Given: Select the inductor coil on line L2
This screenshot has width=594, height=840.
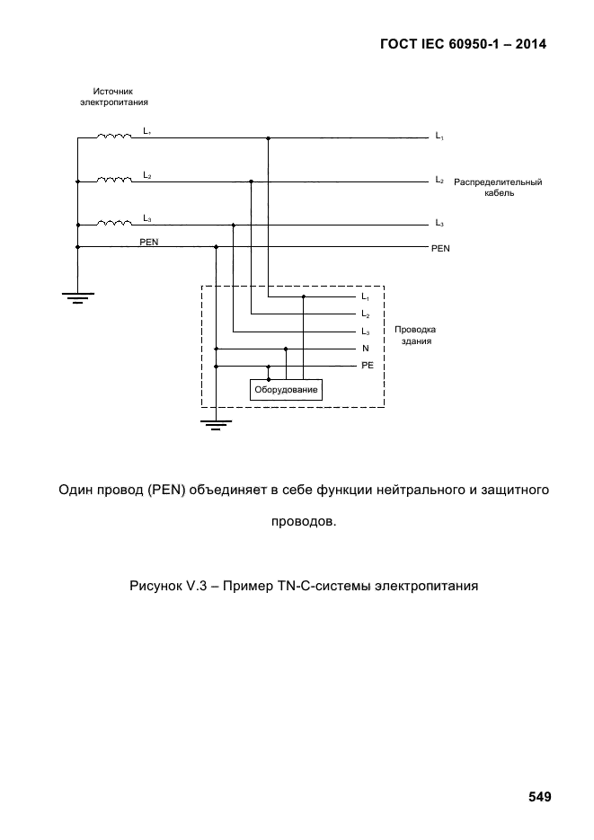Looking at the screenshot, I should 115,180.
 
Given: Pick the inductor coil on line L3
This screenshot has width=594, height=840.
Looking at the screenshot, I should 115,223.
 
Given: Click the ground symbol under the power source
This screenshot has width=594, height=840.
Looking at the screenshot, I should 77,297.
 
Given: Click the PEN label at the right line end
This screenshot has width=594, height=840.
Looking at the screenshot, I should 440,248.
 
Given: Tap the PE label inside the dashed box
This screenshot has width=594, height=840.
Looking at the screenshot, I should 367,367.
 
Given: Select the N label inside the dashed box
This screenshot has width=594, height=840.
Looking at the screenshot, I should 366,349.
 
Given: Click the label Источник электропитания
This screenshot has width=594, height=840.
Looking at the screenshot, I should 114,97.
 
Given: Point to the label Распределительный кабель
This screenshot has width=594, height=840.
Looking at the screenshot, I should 497,188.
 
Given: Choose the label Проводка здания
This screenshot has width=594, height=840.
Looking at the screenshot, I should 415,335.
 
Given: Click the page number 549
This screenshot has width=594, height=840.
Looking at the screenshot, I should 539,797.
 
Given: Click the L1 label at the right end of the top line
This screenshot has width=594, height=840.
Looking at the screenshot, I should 439,137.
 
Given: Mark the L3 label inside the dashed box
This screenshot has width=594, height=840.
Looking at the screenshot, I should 365,332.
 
